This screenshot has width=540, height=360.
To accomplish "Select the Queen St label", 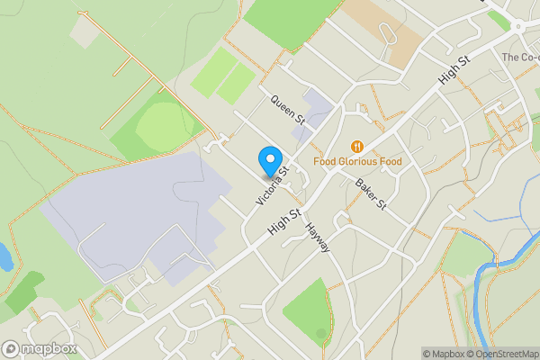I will click(289, 110).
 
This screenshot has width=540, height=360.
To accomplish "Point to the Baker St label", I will click(370, 193).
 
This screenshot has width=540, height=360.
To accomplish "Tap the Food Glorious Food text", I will click(357, 162).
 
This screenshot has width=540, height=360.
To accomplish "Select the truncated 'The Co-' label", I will click(519, 58).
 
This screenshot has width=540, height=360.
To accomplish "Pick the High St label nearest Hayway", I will click(283, 224).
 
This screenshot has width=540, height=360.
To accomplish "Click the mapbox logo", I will click(40, 348).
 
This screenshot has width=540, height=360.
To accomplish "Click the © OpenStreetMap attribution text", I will click(502, 354).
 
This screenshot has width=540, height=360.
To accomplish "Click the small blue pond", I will click(4, 256).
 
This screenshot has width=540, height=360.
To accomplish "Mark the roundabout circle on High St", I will click(519, 26).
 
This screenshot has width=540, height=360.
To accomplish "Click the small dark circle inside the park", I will click(321, 334).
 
